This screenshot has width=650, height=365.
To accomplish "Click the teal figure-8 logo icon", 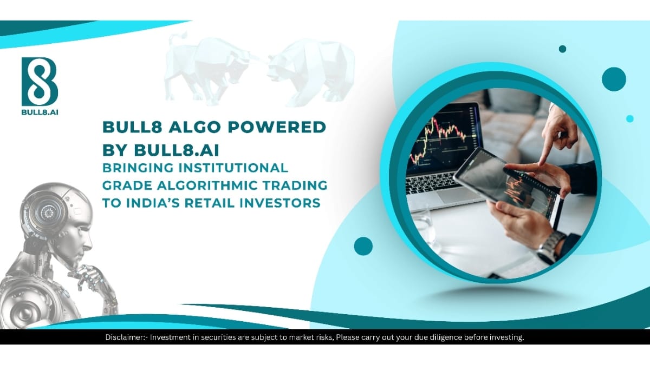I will pyautogui.click(x=40, y=81).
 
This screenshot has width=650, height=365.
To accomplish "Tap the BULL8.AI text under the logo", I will pyautogui.click(x=40, y=114).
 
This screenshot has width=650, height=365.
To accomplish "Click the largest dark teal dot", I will pyautogui.click(x=614, y=79).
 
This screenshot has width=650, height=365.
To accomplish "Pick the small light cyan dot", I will pyautogui.click(x=629, y=118).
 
